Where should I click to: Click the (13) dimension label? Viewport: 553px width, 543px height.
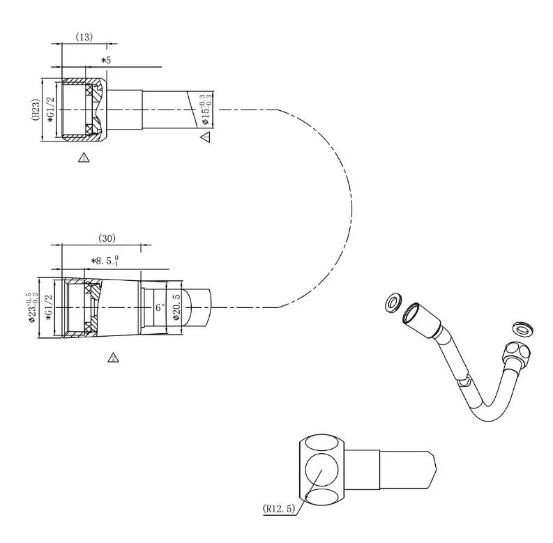click(84, 37)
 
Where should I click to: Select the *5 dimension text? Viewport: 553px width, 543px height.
click(106, 60)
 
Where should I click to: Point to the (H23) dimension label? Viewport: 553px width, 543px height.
click(36, 109)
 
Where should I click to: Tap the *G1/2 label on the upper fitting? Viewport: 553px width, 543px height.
click(51, 109)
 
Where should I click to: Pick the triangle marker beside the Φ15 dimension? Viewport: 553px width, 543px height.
click(206, 137)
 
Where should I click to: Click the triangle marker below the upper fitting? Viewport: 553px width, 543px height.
click(84, 158)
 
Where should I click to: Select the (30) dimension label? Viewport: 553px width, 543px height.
click(107, 238)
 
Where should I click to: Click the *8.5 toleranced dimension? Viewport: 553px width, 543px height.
click(105, 261)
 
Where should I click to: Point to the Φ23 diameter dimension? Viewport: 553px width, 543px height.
click(31, 307)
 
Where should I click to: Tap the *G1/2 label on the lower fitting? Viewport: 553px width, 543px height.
click(49, 307)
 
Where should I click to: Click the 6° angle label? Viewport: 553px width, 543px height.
click(160, 307)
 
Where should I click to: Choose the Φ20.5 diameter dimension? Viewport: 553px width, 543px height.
click(176, 307)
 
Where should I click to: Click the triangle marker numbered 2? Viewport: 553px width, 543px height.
click(113, 358)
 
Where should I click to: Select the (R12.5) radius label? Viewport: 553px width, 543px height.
click(279, 508)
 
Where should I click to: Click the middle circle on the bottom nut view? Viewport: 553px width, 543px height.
click(321, 470)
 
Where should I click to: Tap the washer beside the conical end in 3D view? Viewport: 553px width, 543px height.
click(393, 303)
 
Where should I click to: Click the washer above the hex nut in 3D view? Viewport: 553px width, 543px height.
click(522, 328)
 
